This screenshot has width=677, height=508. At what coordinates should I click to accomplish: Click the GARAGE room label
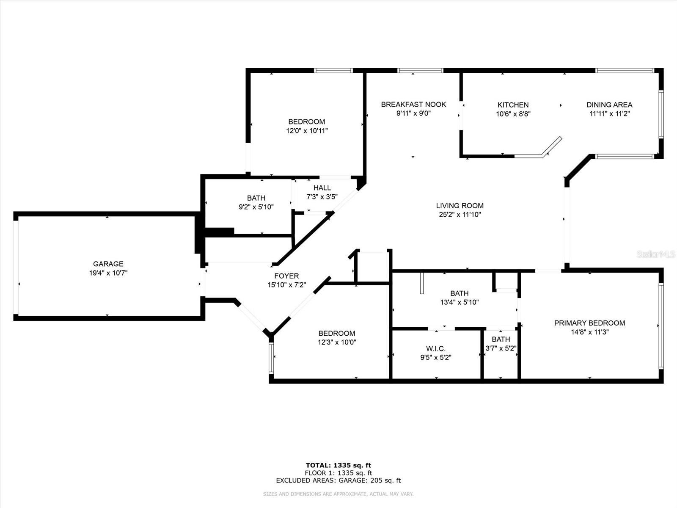click(x=108, y=264)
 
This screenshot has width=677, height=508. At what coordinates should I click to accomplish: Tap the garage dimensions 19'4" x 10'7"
click(x=108, y=273)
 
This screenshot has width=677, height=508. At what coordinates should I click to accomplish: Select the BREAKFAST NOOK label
click(x=413, y=104)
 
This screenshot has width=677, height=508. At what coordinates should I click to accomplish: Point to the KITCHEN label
click(x=513, y=105)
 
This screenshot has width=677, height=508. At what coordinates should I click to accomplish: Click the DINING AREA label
click(x=609, y=105)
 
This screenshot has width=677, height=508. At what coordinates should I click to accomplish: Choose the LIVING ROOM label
click(x=460, y=205)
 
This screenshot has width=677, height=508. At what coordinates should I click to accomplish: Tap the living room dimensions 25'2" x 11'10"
click(x=460, y=214)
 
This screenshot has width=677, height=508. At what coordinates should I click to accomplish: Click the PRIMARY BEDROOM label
click(x=590, y=323)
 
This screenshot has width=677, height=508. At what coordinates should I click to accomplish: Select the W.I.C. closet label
click(x=436, y=348)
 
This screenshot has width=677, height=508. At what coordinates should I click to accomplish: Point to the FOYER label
click(x=286, y=276)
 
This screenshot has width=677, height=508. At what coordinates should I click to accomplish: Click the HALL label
click(x=322, y=188)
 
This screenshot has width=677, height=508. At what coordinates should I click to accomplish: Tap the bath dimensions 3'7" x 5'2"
click(x=501, y=348)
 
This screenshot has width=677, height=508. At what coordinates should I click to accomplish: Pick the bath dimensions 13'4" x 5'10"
click(x=460, y=302)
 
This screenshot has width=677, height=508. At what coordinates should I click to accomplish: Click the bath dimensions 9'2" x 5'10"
click(x=256, y=207)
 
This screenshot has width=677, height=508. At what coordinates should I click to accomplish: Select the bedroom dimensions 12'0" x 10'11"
click(x=307, y=130)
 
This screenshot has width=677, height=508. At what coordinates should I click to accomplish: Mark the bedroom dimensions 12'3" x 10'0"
click(x=337, y=342)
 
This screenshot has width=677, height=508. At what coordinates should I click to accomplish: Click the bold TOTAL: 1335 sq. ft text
click(x=338, y=465)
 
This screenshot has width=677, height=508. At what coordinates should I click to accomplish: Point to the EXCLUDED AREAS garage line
click(x=338, y=480)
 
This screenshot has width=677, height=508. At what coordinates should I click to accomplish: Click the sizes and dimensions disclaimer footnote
click(x=338, y=494)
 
